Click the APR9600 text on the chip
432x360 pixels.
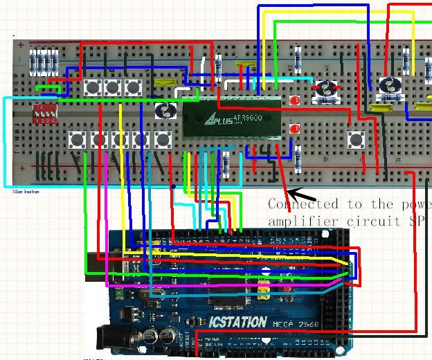pos(256,117)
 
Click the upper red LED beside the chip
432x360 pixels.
pos(295,101)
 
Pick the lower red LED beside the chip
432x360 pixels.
pos(295,129)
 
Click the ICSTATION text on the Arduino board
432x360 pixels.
pos(237,322)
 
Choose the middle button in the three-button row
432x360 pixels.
pos(112,88)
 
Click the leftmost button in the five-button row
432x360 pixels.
pos(77,140)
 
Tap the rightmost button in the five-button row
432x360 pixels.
pos(162,140)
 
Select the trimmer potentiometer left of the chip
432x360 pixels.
pos(165,109)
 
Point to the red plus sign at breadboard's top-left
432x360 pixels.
pos(21,46)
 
